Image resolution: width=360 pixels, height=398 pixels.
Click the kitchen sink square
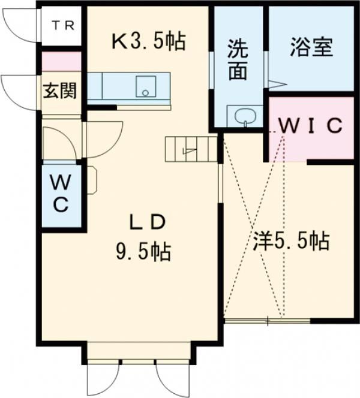pyautogui.click(x=145, y=86)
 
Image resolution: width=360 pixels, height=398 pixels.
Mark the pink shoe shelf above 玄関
pyautogui.click(x=61, y=62)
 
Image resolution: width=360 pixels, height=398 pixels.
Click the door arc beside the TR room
pyautogui.click(x=22, y=24)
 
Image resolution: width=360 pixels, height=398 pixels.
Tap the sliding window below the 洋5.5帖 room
pyautogui.click(x=268, y=321)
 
